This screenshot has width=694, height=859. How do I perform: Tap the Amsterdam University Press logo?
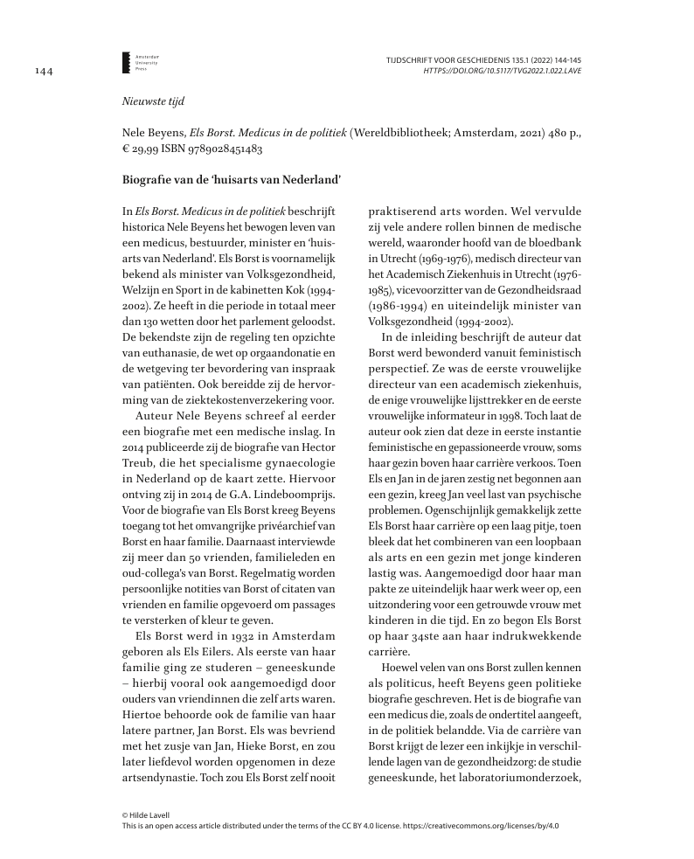[127, 61]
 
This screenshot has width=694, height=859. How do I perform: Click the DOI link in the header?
[502, 70]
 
